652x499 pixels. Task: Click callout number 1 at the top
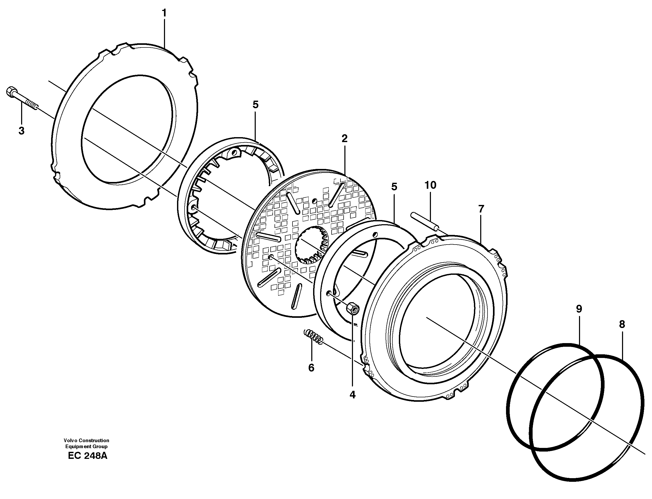(x=164, y=13)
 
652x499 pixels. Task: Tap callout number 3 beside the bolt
(x=21, y=131)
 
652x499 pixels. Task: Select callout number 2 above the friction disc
(x=344, y=138)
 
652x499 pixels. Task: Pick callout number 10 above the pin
(x=430, y=185)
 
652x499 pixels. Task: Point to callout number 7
(x=481, y=209)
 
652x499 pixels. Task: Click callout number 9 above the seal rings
(x=579, y=309)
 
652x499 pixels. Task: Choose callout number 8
(x=622, y=324)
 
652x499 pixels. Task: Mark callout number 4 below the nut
(x=352, y=395)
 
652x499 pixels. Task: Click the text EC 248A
(x=88, y=456)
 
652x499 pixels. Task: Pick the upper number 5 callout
(x=255, y=105)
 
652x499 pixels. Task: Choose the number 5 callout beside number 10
(x=394, y=187)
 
